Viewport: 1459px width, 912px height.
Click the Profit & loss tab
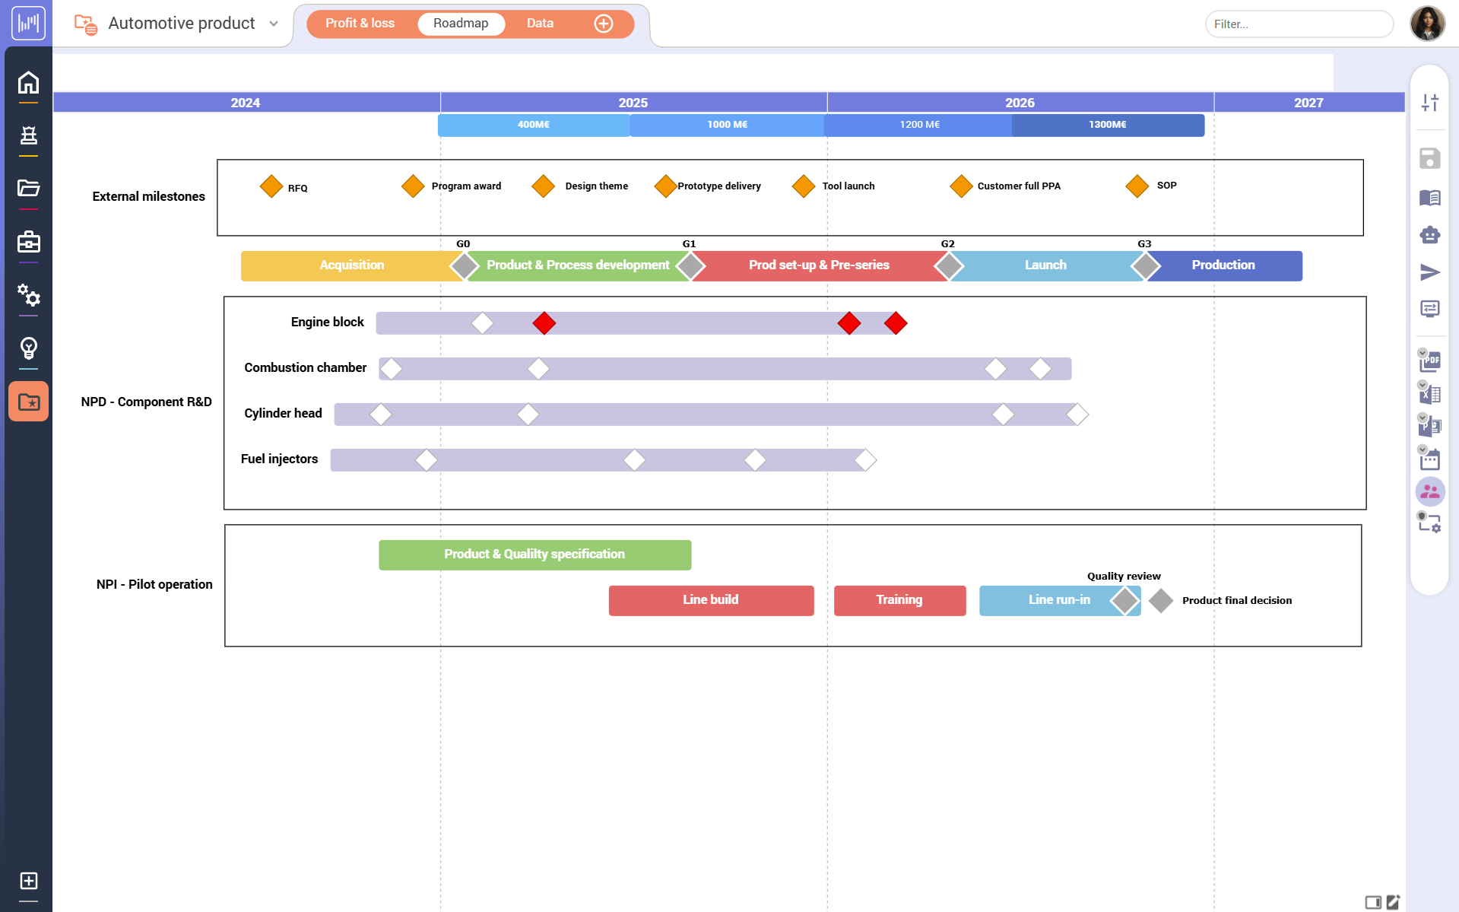coord(360,24)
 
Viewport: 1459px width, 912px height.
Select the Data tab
coord(540,24)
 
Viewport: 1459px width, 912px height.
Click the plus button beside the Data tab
coord(604,24)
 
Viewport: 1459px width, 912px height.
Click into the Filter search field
coord(1299,24)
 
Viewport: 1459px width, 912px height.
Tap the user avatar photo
coord(1427,24)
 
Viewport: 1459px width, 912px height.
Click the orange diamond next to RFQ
coord(271,186)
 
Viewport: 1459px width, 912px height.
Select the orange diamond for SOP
coord(1137,186)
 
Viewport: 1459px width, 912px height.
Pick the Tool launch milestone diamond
coord(804,186)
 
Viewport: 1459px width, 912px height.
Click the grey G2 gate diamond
coord(949,266)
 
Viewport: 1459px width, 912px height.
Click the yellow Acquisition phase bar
coord(351,265)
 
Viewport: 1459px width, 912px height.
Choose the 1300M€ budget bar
coord(1108,125)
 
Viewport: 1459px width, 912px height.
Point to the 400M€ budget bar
coord(533,125)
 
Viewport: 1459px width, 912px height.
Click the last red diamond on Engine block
coord(896,323)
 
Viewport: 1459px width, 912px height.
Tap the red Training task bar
coord(899,600)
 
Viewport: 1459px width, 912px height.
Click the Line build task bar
coord(711,600)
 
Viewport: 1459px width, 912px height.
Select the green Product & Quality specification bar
coord(534,555)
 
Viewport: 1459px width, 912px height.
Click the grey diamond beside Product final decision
coord(1161,601)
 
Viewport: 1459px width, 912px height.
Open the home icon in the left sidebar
coord(28,82)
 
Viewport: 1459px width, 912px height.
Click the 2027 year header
coord(1308,103)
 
